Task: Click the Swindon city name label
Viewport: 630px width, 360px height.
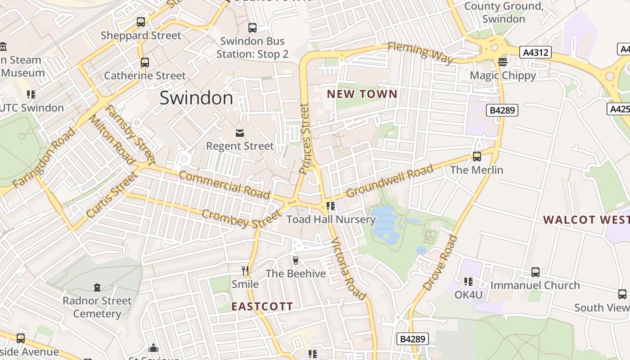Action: [196, 98]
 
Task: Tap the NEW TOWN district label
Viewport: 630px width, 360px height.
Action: [362, 94]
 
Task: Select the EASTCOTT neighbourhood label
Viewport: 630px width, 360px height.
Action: [262, 306]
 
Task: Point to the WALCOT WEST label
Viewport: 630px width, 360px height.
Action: [586, 220]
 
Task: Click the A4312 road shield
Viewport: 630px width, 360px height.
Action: [537, 53]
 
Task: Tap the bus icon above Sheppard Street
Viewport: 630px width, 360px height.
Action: [141, 22]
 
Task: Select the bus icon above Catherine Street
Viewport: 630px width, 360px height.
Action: [144, 62]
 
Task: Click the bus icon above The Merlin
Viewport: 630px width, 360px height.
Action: [477, 157]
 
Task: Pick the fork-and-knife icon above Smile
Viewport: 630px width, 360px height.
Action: [245, 270]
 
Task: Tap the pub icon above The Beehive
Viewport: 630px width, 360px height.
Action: [296, 260]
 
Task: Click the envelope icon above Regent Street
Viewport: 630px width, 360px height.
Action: [239, 133]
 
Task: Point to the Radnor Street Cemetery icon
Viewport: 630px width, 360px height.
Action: [97, 287]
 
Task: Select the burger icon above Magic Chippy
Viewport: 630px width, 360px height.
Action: [503, 62]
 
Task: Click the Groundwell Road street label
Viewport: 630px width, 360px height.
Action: [389, 180]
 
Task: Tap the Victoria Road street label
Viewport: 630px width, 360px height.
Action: [348, 269]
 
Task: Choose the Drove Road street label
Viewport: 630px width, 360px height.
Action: [440, 262]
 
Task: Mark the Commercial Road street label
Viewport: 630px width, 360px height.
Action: [225, 184]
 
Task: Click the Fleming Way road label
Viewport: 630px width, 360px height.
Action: [420, 53]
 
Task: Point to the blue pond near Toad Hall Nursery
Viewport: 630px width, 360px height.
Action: [385, 224]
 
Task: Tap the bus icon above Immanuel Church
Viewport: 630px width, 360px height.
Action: [535, 272]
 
